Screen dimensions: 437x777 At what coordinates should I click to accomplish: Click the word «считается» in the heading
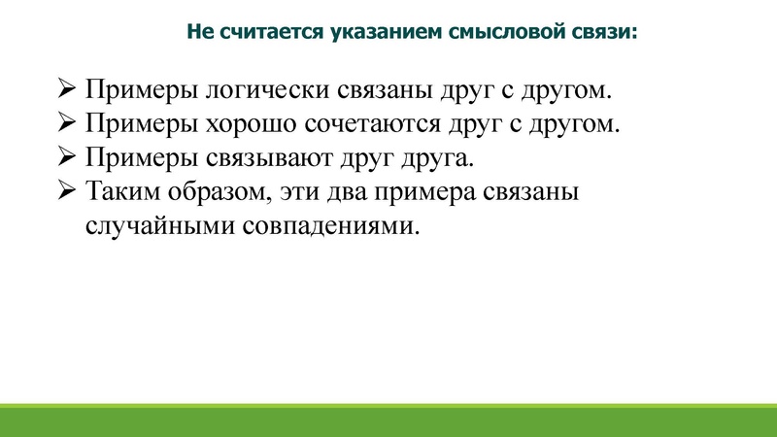click(262, 32)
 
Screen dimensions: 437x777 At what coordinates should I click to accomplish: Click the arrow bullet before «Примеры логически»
click(67, 91)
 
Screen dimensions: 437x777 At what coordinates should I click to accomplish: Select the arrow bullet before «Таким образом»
click(67, 191)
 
